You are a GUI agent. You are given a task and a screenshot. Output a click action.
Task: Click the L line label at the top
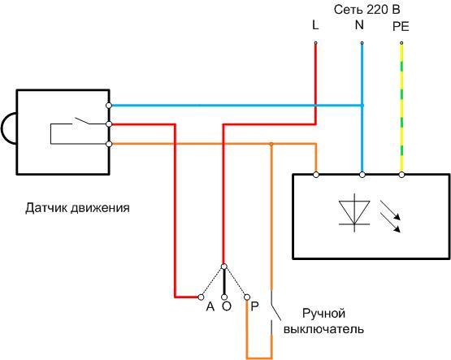click(x=315, y=26)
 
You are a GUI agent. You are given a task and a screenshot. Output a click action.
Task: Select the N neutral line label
click(x=359, y=26)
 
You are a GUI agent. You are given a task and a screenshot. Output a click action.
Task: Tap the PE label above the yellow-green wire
click(x=401, y=26)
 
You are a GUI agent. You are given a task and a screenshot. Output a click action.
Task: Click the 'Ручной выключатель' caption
click(x=323, y=321)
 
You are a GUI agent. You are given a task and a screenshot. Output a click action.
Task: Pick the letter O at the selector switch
click(x=226, y=307)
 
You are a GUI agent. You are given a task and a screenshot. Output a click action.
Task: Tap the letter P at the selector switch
click(x=254, y=307)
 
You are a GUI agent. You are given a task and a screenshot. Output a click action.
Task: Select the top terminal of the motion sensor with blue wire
click(x=109, y=106)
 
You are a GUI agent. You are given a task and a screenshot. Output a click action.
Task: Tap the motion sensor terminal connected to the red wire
click(x=109, y=124)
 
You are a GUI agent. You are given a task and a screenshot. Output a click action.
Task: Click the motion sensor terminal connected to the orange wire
click(x=109, y=143)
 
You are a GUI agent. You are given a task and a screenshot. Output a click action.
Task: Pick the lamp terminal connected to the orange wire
click(x=315, y=173)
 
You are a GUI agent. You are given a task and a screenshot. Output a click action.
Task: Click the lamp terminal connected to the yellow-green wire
click(x=401, y=173)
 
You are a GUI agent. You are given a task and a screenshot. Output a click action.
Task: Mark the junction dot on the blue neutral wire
click(x=362, y=106)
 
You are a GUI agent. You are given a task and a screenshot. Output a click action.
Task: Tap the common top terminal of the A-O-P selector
click(x=224, y=266)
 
